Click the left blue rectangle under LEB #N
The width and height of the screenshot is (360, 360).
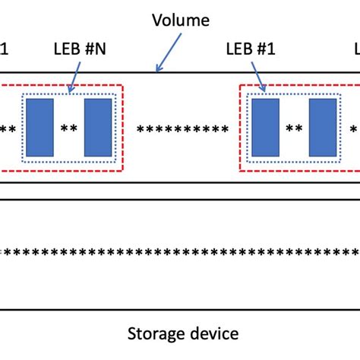[x=40, y=127]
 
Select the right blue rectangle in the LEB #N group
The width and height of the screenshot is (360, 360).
[x=98, y=127]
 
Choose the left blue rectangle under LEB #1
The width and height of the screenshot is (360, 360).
[x=265, y=127]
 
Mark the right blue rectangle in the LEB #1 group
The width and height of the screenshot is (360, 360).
[x=323, y=127]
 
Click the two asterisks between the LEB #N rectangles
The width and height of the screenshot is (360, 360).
[x=69, y=129]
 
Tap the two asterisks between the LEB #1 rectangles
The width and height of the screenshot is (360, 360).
[x=294, y=129]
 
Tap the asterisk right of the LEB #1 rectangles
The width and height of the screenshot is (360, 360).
[x=353, y=129]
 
